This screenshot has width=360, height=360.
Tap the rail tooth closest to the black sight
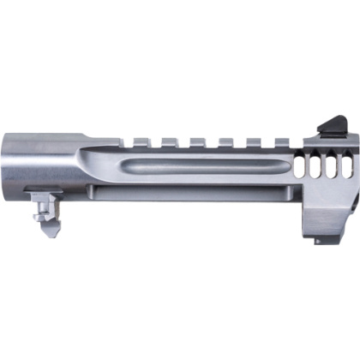[281, 138]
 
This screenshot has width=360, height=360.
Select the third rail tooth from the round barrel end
[196, 138]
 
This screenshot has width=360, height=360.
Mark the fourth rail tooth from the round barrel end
[225, 138]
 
